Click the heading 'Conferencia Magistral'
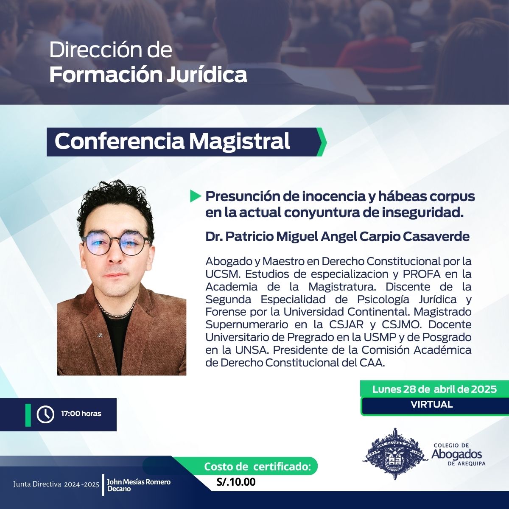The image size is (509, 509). point(172,141)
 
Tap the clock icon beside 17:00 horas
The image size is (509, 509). point(45,414)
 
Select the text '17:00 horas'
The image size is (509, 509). point(81,414)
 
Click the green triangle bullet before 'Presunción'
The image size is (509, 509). point(195,196)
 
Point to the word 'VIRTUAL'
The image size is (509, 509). point(432,404)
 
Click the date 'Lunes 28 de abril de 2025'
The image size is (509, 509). point(434,389)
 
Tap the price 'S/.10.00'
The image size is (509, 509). point(236,482)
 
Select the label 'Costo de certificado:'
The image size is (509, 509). point(257,467)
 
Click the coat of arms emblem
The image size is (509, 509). point(395,458)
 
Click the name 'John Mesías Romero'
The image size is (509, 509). point(139,481)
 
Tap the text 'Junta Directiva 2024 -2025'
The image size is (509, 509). point(56,484)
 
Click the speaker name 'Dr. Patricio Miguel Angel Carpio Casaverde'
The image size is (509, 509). point(337,237)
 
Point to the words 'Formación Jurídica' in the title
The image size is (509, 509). point(148,75)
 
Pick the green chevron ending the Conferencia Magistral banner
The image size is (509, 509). point(322,142)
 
